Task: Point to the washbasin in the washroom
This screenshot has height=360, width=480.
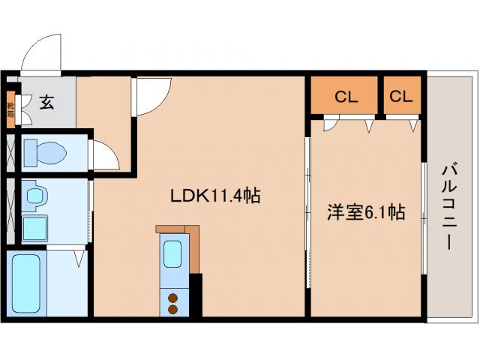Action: point(34,197)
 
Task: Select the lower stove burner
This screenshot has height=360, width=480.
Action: point(173,307)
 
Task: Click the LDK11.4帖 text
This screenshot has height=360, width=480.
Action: point(214,196)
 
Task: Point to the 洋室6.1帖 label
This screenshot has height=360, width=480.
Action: point(365,213)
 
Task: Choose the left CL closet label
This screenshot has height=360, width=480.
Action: point(346,96)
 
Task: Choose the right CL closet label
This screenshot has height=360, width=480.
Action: point(401,96)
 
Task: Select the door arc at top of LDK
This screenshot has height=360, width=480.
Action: point(152,98)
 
